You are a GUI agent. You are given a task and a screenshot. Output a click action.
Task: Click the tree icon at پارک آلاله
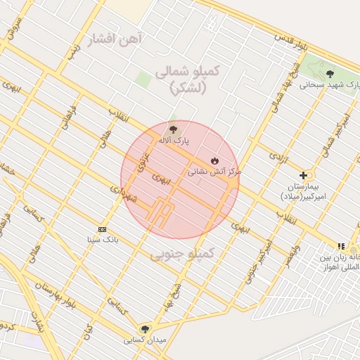pyautogui.click(x=173, y=129)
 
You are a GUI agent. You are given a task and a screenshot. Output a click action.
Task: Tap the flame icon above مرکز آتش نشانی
pyautogui.click(x=214, y=160)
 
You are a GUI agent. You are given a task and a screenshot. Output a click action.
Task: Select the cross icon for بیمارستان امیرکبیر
pyautogui.click(x=304, y=175)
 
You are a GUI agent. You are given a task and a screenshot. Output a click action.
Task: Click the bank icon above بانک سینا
pyautogui.click(x=103, y=229)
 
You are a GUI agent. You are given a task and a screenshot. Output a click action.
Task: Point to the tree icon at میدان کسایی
pyautogui.click(x=145, y=328)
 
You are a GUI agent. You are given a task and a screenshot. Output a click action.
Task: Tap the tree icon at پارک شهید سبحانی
pyautogui.click(x=330, y=74)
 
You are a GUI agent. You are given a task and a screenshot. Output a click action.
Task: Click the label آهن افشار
pyautogui.click(x=112, y=38)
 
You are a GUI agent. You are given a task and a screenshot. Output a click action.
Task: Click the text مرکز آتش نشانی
pyautogui.click(x=214, y=172)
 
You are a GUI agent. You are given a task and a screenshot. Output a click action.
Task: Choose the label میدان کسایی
pyautogui.click(x=145, y=340)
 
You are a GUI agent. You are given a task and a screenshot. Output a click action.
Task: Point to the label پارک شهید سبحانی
pyautogui.click(x=330, y=85)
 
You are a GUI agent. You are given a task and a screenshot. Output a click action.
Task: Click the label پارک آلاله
pyautogui.click(x=173, y=141)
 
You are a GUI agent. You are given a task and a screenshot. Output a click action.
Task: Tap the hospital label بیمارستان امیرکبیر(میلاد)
pyautogui.click(x=304, y=191)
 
